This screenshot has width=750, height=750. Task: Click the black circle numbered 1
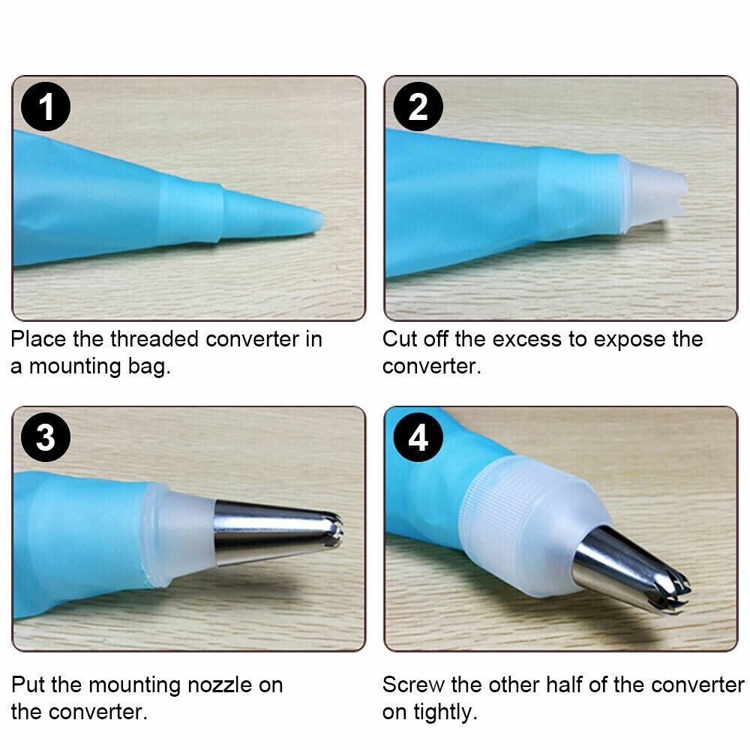coord(46,106)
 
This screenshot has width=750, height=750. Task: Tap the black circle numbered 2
coord(418,106)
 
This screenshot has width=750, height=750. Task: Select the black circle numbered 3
coord(46,437)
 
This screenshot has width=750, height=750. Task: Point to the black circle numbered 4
coord(418,437)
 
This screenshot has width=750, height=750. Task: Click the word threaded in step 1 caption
coord(154,339)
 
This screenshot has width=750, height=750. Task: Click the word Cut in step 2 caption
coord(398,339)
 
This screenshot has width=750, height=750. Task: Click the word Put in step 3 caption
coord(28,685)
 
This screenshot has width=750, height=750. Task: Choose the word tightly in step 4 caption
coord(445,712)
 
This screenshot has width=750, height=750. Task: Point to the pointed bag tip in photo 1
coord(321,220)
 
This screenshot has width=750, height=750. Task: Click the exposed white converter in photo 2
coord(653,193)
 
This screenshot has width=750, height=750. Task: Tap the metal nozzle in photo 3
coord(277,531)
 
